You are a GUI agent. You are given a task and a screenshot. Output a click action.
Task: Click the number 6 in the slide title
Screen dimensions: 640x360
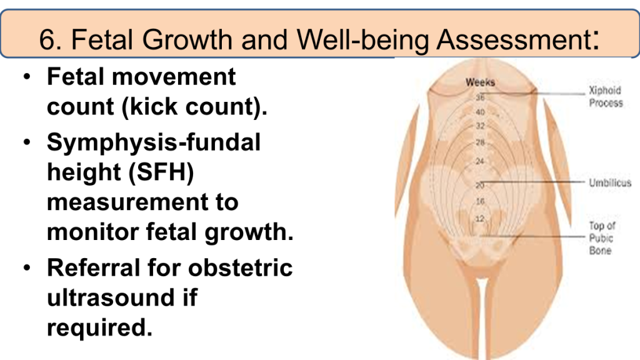[47, 39]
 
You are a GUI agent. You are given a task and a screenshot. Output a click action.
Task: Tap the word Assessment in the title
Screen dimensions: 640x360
[514, 39]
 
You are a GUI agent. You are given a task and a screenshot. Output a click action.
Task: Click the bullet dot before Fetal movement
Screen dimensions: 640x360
[27, 76]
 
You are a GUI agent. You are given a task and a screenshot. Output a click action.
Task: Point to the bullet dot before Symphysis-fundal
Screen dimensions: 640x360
[27, 142]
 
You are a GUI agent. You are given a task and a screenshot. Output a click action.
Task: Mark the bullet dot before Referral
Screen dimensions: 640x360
[27, 267]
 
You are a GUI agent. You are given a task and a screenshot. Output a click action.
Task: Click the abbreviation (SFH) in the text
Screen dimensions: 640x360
[161, 172]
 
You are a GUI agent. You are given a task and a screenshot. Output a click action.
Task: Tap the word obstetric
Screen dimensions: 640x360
[241, 267]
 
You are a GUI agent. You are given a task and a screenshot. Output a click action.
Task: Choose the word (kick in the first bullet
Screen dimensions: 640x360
[149, 107]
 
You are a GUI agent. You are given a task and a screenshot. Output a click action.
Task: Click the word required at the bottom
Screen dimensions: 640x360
[99, 328]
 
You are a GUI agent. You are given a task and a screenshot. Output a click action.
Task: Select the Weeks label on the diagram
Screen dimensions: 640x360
[480, 82]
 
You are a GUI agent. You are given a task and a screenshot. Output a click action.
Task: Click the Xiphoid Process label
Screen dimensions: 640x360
[606, 97]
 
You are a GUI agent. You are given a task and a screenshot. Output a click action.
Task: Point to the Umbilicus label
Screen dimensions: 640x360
[610, 183]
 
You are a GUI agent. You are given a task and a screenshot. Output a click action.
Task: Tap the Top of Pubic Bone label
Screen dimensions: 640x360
[602, 238]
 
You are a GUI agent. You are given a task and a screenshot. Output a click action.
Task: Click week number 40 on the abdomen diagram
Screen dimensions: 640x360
[480, 112]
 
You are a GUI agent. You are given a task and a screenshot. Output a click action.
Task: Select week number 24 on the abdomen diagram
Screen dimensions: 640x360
[480, 161]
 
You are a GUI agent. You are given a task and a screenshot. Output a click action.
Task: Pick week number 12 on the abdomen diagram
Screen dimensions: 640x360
[479, 219]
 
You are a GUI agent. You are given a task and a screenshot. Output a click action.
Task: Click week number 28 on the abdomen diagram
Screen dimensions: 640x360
[480, 142]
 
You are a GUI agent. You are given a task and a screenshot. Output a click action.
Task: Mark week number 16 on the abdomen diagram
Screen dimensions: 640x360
[480, 201]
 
